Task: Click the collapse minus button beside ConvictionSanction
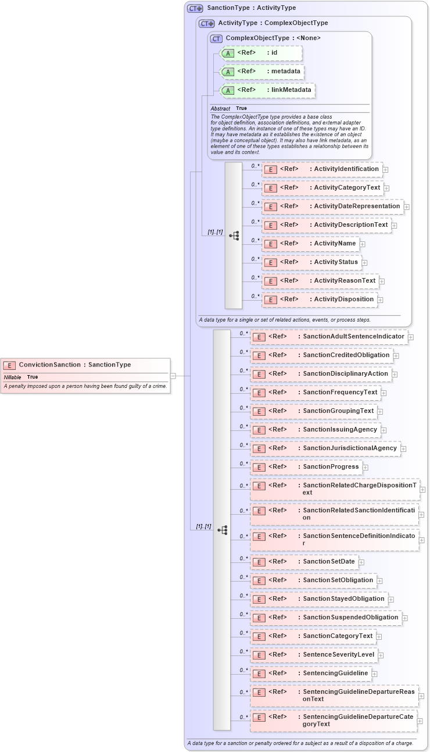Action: point(173,376)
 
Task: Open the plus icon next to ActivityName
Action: point(363,244)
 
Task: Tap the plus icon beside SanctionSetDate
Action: point(361,562)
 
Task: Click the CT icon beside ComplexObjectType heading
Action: point(216,38)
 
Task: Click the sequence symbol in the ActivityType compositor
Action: point(234,236)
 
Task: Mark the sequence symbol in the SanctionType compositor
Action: point(222,530)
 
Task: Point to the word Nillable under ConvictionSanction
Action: point(12,377)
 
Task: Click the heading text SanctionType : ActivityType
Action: point(252,8)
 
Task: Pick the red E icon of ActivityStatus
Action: point(270,263)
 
